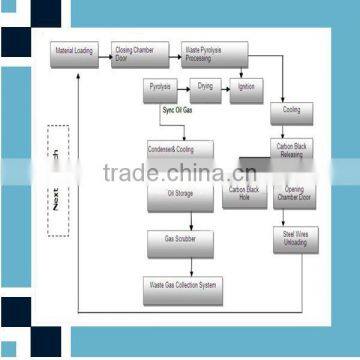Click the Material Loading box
click(x=74, y=50)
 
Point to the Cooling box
click(x=292, y=110)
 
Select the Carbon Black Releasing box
click(x=292, y=150)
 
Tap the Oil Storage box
click(x=179, y=192)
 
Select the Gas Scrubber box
click(x=179, y=240)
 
